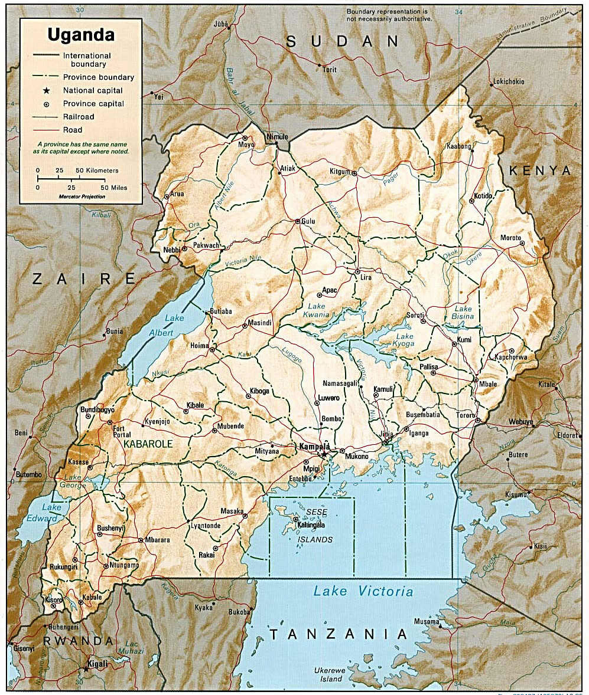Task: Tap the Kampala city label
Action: tap(314, 447)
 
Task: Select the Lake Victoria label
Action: tap(363, 591)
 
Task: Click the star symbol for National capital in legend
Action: tap(45, 90)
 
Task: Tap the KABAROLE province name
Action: tap(148, 443)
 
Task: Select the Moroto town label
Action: tap(510, 237)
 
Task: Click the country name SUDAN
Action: tap(343, 41)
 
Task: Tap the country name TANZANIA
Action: tap(339, 634)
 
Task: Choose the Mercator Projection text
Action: tap(82, 196)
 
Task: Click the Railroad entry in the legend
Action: tap(79, 117)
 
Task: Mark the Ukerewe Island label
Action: tap(327, 675)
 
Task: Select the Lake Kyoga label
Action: tap(405, 340)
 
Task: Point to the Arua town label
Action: tap(178, 193)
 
